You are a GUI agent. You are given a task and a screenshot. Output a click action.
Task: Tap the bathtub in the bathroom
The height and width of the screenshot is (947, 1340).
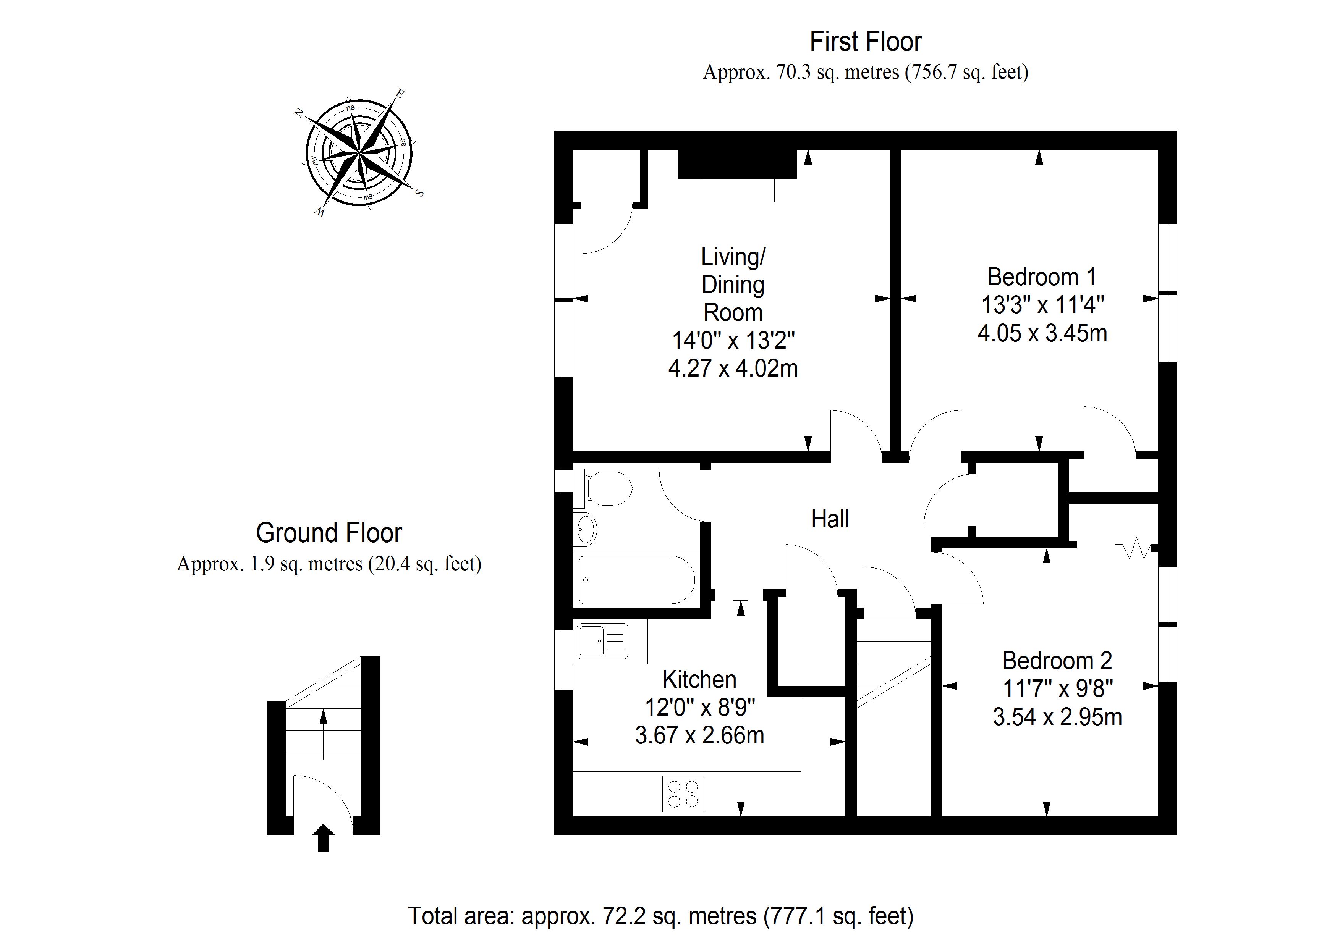(636, 580)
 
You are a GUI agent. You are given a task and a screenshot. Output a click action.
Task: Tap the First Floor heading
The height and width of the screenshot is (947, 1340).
(866, 41)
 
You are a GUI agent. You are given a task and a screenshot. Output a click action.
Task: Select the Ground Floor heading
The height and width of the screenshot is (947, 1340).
(329, 533)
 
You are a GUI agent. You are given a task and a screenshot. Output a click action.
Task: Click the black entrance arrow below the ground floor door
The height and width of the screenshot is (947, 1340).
(323, 839)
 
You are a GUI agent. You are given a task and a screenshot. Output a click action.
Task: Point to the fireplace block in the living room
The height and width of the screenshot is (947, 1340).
(737, 165)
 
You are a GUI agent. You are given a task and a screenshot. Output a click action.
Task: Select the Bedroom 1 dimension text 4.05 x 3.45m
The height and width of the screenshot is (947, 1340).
(1042, 333)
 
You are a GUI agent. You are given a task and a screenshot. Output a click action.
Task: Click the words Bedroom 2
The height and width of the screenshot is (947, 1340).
(1057, 661)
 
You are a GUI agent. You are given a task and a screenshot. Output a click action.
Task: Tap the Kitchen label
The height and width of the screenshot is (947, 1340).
(699, 679)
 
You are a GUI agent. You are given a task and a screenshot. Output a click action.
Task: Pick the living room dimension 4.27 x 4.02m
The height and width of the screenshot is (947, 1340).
(733, 368)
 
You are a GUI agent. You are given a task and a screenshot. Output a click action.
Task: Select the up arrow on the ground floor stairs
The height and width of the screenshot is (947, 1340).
(323, 732)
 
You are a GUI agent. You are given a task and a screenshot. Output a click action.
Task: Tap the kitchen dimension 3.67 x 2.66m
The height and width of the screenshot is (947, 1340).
(699, 735)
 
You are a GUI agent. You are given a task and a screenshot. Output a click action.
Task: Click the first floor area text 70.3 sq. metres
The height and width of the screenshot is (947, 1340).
(866, 72)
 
